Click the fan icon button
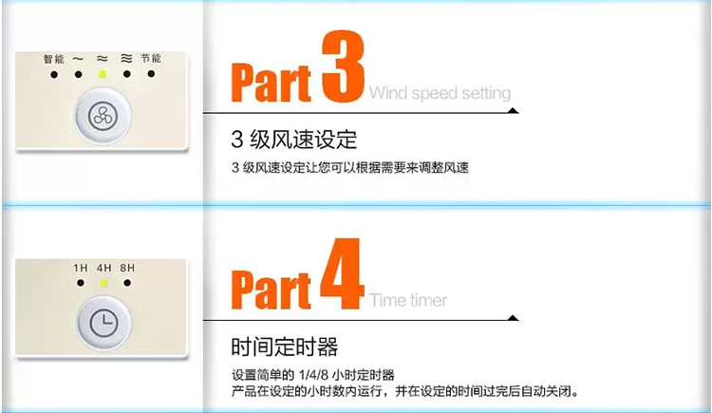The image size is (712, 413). (103, 115)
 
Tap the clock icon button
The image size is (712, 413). (104, 323)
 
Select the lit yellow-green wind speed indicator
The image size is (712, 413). (103, 74)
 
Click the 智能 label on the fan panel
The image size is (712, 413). (54, 59)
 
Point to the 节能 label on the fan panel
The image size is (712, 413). (151, 58)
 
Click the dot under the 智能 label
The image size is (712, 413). (54, 74)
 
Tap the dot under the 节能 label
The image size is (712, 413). (151, 74)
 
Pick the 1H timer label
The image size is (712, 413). (81, 268)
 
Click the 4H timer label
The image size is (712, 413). (104, 268)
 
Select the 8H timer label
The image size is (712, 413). (127, 268)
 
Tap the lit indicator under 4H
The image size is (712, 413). (104, 283)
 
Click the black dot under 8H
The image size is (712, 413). (127, 283)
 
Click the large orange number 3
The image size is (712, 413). (344, 66)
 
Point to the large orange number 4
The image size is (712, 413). (343, 273)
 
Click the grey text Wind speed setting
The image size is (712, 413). (440, 93)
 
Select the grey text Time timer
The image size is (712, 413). (408, 300)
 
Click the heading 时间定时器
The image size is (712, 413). (284, 347)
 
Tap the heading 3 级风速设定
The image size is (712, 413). (293, 140)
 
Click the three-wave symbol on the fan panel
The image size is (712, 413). (126, 58)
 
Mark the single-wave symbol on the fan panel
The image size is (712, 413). (78, 59)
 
